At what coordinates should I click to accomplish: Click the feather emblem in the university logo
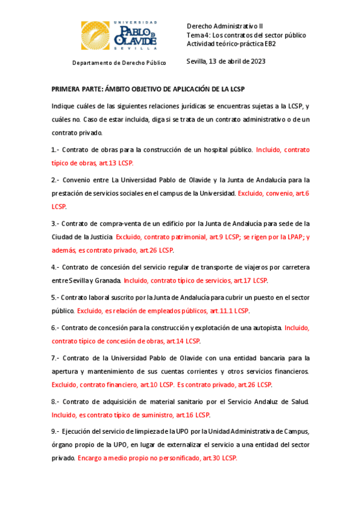tap(94, 34)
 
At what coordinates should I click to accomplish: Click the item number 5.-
tap(55, 297)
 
